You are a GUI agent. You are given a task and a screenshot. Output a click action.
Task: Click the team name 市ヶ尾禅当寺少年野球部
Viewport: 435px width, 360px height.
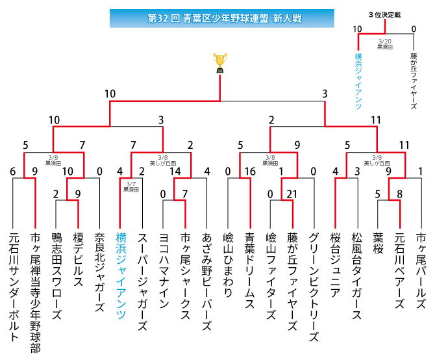coord(35,292)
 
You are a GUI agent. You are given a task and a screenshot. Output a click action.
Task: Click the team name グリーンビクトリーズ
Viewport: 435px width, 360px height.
coord(314,286)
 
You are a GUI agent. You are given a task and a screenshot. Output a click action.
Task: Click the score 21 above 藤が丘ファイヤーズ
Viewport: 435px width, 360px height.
coord(292,193)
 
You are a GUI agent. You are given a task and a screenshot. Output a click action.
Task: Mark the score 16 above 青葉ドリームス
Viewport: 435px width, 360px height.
coord(249,172)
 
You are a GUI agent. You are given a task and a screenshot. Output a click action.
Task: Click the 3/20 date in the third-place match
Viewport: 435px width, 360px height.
coord(386,41)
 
